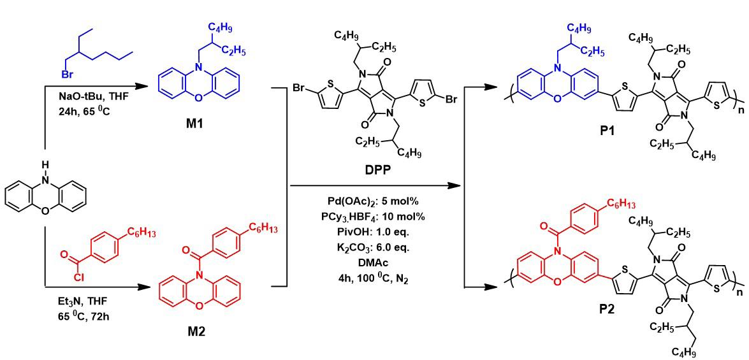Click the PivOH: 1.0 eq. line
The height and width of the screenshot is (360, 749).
374,229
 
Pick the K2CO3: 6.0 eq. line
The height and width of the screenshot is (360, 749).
374,244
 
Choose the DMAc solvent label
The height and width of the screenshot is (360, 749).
374,258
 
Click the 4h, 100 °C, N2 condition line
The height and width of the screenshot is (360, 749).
374,273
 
